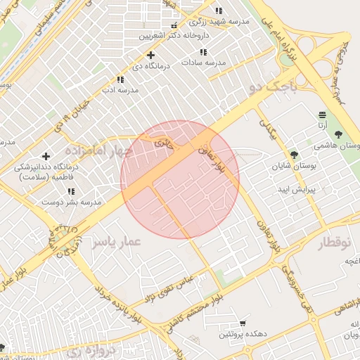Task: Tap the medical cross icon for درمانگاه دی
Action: (x=150, y=55)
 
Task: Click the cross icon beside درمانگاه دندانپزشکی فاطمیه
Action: (x=46, y=156)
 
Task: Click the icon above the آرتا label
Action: (x=322, y=114)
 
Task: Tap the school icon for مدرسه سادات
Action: (x=203, y=52)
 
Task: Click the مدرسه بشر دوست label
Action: (x=71, y=201)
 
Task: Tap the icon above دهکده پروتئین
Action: (x=243, y=323)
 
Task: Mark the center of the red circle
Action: (x=180, y=179)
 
